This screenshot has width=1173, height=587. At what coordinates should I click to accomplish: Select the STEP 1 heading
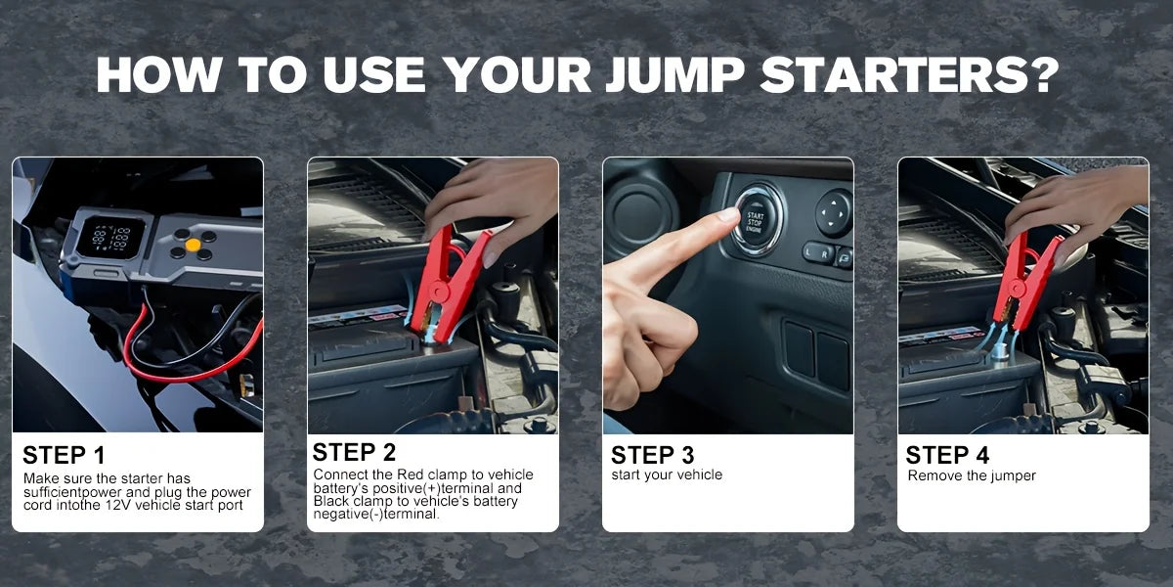pos(64,455)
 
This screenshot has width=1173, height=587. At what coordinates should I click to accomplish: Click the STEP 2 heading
pos(354,452)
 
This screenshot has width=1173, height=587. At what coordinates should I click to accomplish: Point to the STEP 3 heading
pos(652,455)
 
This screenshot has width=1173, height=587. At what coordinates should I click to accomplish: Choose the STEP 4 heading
pos(947,455)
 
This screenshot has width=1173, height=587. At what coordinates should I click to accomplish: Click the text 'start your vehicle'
pos(667,474)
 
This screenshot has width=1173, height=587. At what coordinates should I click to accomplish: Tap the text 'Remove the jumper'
pos(972,475)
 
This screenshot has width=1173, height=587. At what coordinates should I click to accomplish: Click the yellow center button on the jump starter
pos(194,244)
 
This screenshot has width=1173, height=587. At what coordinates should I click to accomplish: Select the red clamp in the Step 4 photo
pos(1022,278)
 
